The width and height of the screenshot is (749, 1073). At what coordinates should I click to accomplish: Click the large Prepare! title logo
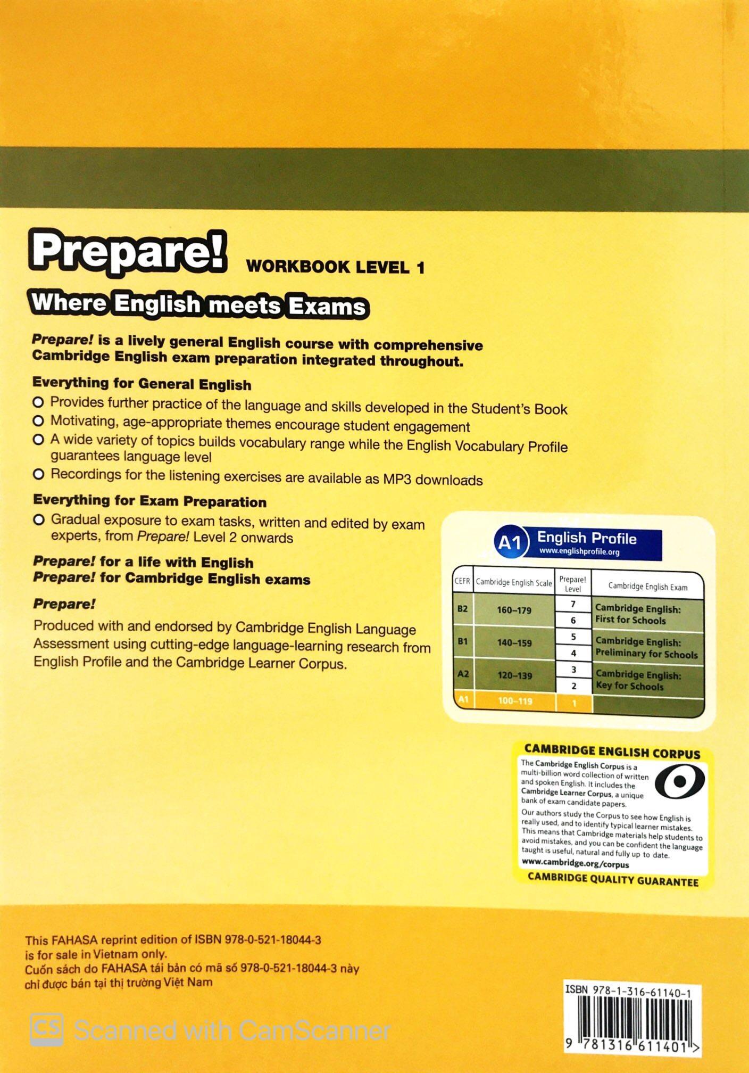[x=128, y=253]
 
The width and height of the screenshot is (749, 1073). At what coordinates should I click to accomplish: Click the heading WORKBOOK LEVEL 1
[x=336, y=267]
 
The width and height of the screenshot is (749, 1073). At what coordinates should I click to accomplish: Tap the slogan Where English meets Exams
[x=199, y=306]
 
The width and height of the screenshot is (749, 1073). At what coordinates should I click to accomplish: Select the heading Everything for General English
[x=142, y=384]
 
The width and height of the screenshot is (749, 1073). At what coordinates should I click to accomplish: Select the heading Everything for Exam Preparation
[x=149, y=501]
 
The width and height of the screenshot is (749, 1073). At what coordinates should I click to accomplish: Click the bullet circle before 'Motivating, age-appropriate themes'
[x=38, y=421]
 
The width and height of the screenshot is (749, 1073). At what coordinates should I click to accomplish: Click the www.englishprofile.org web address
[x=579, y=551]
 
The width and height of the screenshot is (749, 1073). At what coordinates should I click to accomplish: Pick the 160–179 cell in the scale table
[x=514, y=610]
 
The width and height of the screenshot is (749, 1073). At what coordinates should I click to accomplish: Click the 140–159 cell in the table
[x=514, y=643]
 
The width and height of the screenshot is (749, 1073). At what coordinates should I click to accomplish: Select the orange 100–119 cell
[x=514, y=701]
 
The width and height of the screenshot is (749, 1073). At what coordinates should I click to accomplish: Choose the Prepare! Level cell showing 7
[x=573, y=604]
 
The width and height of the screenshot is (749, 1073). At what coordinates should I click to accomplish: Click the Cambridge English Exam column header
[x=647, y=587]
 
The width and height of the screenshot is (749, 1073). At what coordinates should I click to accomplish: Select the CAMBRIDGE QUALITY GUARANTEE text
[x=613, y=880]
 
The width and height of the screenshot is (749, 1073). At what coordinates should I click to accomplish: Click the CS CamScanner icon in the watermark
[x=46, y=1029]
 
